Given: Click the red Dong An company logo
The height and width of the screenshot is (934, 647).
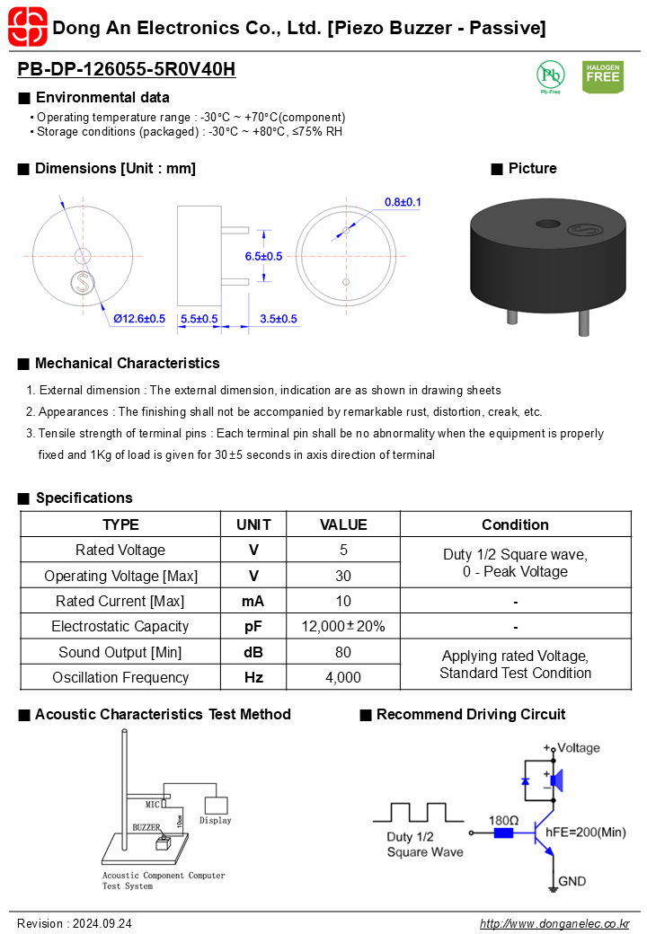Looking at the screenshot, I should pos(26,26).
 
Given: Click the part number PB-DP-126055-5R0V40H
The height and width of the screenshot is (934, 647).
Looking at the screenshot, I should pos(127,69).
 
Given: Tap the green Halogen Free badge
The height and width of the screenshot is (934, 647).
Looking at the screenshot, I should pos(602,76).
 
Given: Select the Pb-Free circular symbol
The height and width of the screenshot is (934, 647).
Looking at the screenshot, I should pos(550,75).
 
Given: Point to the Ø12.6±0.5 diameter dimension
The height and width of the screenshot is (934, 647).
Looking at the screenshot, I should pos(139,319).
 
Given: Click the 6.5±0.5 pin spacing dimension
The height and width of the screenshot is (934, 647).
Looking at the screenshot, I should pos(263,256).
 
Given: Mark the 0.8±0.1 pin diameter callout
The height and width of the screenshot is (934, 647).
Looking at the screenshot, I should pos(403,202).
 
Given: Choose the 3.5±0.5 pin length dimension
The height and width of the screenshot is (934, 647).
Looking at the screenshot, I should pos(279,319).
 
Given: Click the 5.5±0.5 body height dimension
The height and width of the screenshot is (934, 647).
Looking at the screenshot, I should pos(199,319).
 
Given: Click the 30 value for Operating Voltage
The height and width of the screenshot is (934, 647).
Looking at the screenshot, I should pos(343,576).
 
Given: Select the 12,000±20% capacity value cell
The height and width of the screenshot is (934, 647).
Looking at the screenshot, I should pos(343,626).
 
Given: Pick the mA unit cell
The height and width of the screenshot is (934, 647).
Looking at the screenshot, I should pos(253,601).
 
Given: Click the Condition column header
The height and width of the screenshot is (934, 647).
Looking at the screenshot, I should pos(515,524).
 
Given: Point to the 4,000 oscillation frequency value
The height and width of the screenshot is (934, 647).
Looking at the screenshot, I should pos(343,677).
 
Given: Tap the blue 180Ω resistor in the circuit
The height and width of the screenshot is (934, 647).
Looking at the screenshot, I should pos(503,833).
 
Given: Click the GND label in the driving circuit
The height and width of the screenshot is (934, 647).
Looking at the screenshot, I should pos(572,881).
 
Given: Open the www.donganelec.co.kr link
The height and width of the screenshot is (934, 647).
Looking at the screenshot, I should pos(554,923).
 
